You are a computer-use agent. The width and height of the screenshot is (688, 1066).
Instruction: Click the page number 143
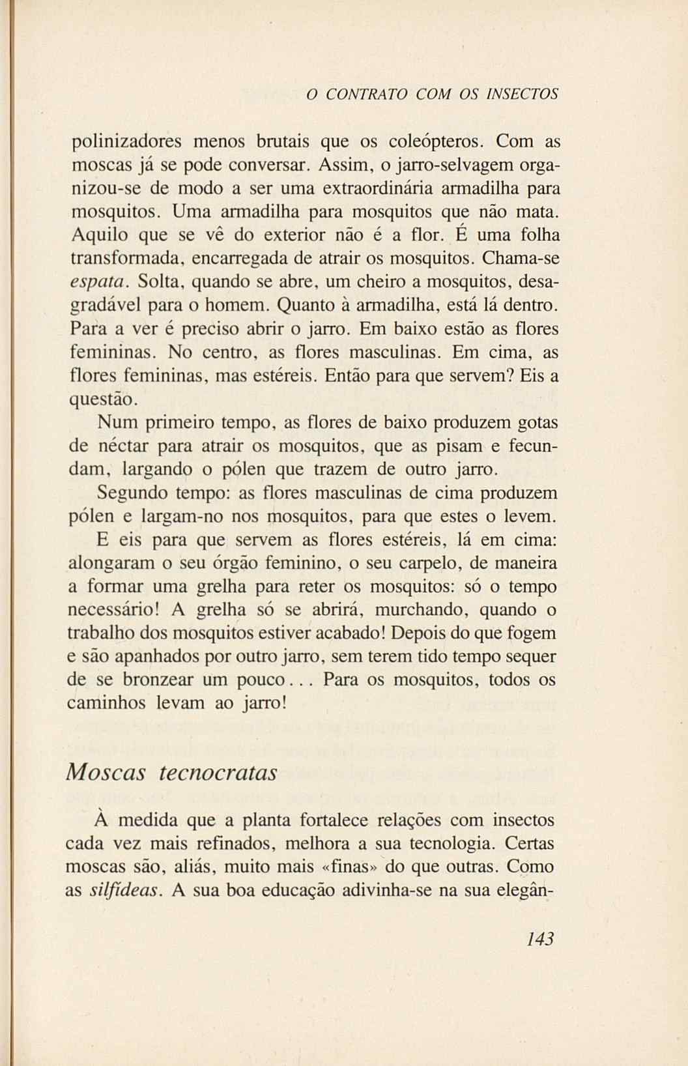(540, 939)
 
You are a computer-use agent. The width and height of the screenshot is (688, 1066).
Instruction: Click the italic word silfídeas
(124, 891)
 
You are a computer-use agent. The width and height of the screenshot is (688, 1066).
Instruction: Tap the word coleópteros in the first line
(435, 141)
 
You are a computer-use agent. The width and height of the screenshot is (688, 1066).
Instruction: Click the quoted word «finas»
(348, 867)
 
